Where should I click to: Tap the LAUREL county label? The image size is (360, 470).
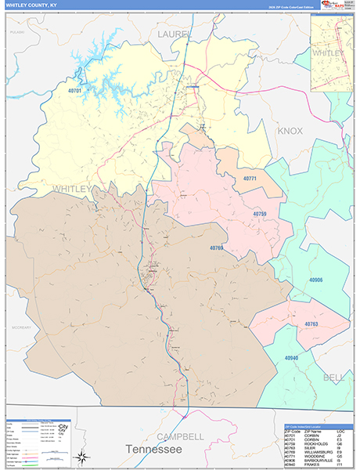tap(173, 34)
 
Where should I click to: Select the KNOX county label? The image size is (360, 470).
tap(290, 131)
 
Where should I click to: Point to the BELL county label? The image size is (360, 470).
tap(333, 377)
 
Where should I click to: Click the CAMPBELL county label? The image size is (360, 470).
tap(180, 436)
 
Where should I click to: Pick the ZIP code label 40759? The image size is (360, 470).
tap(260, 213)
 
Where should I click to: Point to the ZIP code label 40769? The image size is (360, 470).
tap(217, 248)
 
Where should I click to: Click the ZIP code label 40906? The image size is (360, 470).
tap(315, 280)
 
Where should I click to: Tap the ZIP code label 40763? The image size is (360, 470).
tap(311, 323)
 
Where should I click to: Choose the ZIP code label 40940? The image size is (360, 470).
tap(292, 357)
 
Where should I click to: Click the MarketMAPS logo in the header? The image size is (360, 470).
tap(335, 5)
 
